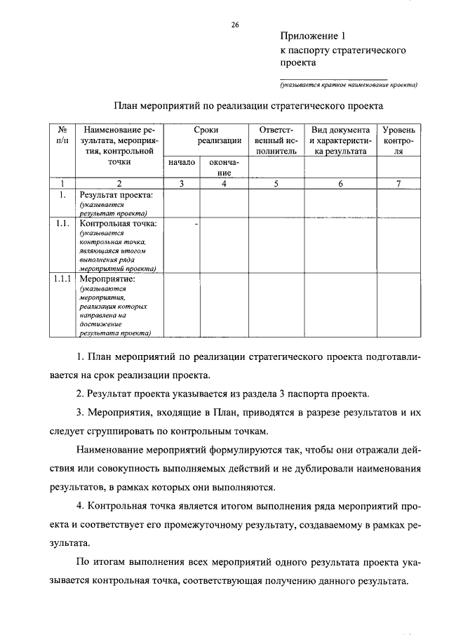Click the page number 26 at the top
[x=235, y=25]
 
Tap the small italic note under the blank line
[x=348, y=86]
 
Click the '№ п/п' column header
[x=62, y=135]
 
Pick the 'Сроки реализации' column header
[x=206, y=135]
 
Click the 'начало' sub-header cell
[x=182, y=162]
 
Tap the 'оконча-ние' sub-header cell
[x=224, y=167]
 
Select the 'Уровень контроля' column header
[x=398, y=140]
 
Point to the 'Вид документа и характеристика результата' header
[x=341, y=140]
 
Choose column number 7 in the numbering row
[x=398, y=184]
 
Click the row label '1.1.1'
[x=63, y=279]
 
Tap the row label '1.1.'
[x=62, y=224]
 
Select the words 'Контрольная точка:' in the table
[x=118, y=224]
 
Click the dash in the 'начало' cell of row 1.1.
[x=196, y=224]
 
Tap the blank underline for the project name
[x=333, y=78]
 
